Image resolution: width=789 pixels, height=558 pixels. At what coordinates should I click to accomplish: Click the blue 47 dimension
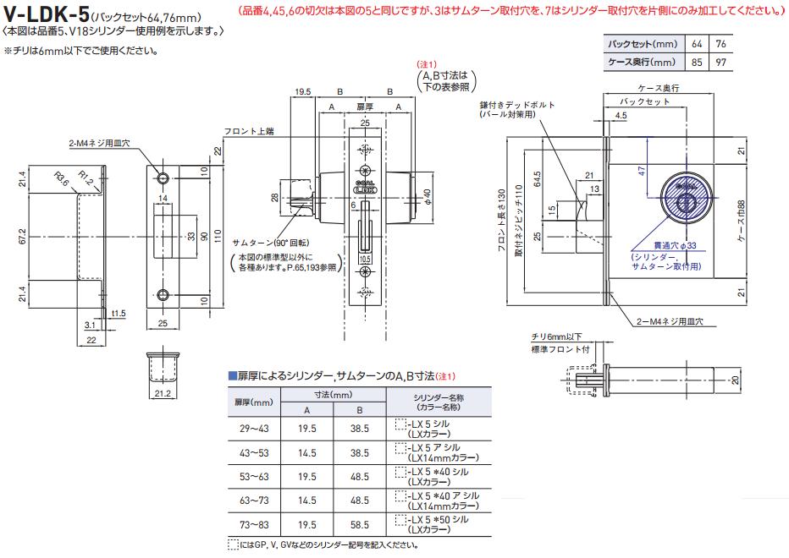coord(643,171)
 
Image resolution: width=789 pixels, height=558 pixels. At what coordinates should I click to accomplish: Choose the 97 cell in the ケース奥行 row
coord(720,62)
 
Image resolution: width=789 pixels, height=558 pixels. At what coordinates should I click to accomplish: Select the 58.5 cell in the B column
coord(359,524)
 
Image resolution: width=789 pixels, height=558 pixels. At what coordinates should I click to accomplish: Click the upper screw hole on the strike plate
coord(162,178)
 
